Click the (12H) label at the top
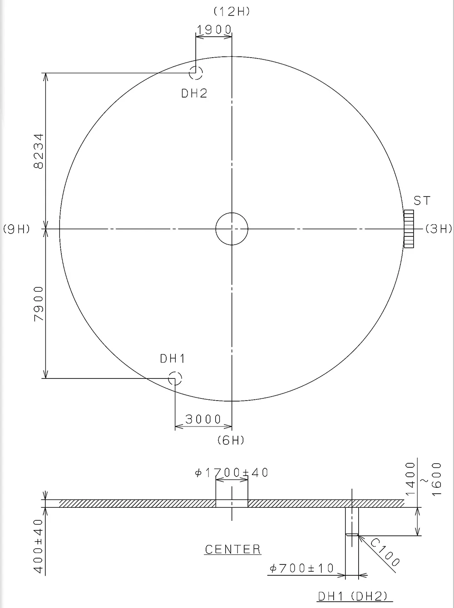(232, 12)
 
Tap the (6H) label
(231, 440)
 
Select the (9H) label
(16, 229)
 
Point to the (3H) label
(439, 229)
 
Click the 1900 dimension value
(214, 30)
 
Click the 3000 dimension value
(203, 419)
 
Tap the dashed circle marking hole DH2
(196, 72)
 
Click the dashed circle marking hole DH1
(175, 378)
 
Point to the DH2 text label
(194, 93)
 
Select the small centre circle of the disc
(232, 229)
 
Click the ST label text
(422, 201)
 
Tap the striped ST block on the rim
(409, 229)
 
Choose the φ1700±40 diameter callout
(232, 473)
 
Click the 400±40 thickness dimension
(39, 546)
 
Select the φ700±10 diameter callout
(301, 568)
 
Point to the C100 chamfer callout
(384, 553)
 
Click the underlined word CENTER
(233, 549)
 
